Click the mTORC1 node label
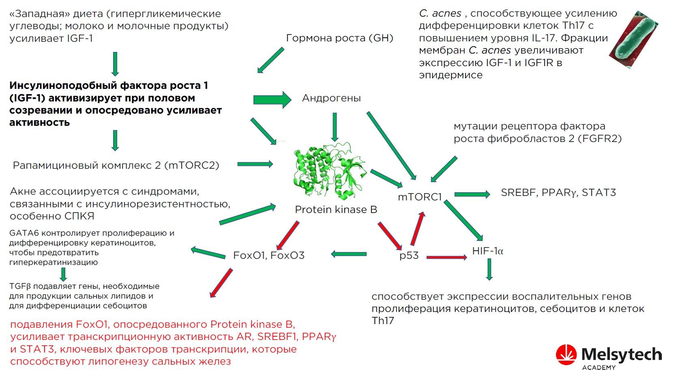point(419,197)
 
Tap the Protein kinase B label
point(336,210)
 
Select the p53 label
point(409,256)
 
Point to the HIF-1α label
point(487,251)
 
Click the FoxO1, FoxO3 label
point(268,256)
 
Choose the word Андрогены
point(331,98)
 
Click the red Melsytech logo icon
point(566,355)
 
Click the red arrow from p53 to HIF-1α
point(446,257)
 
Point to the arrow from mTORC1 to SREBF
point(472,195)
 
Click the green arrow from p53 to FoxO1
point(348,254)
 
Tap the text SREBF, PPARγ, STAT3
point(558,193)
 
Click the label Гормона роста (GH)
point(339,38)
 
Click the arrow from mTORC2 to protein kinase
point(255,164)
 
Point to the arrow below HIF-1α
point(489,269)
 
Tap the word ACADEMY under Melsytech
point(599,368)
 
